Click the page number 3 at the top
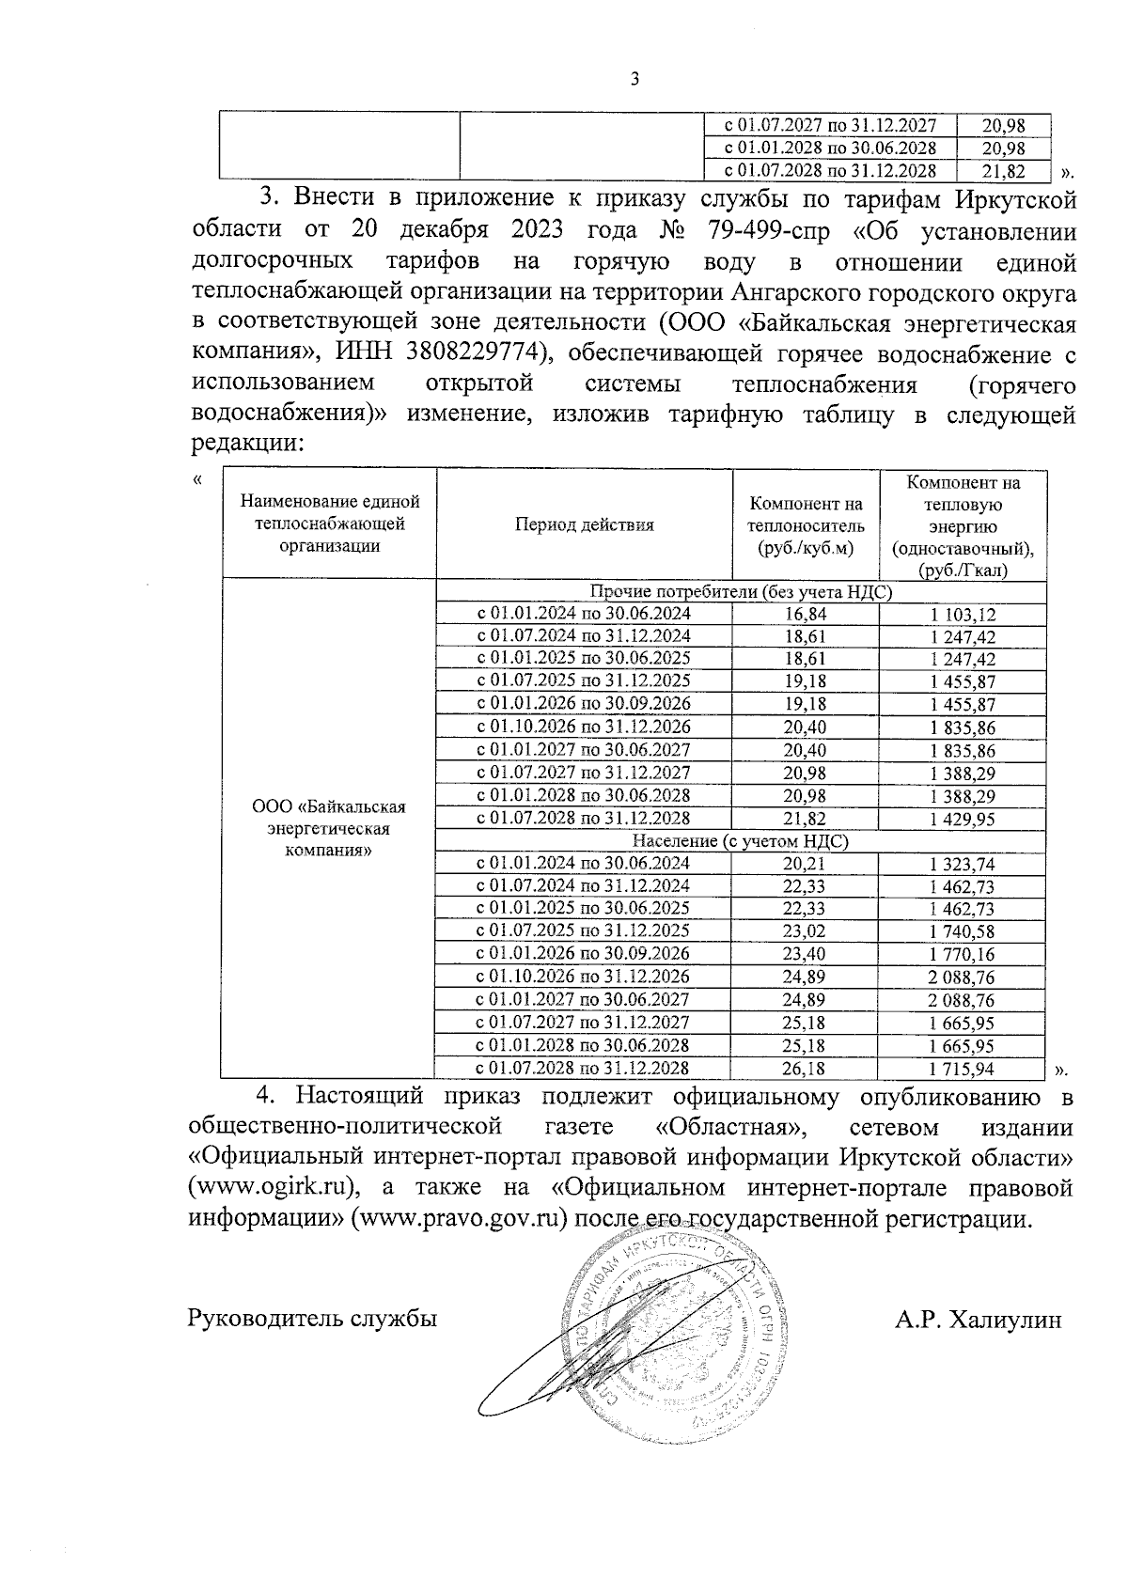tap(634, 80)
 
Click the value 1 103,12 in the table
tap(963, 615)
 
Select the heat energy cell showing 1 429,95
tap(963, 819)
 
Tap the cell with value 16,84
tap(805, 614)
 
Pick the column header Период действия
tap(584, 524)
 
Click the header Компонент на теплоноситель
tap(806, 524)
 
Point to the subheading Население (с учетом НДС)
tap(740, 841)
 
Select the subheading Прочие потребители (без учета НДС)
tap(740, 592)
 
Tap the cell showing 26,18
tap(805, 1069)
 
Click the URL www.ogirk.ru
tap(271, 1187)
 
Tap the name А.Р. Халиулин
tap(979, 1320)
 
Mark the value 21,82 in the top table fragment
tap(1003, 171)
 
